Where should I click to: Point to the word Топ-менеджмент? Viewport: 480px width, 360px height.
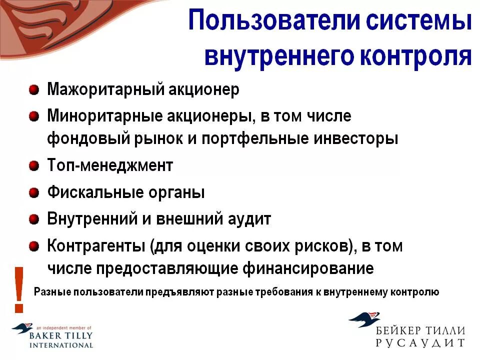[x=110, y=165]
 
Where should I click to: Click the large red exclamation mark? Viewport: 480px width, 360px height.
[x=19, y=288]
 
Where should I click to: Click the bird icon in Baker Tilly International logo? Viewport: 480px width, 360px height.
[x=22, y=328]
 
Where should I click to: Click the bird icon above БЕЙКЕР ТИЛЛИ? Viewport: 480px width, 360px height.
[x=364, y=319]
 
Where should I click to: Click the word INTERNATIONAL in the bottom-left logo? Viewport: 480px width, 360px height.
[x=61, y=345]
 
